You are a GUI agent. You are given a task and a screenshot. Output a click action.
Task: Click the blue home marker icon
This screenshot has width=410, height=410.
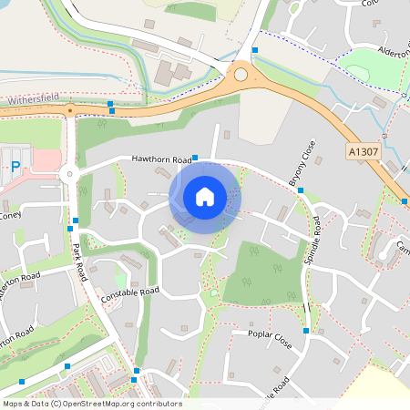[x=205, y=196]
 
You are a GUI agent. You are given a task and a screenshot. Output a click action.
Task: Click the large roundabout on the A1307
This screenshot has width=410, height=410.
[x=241, y=75]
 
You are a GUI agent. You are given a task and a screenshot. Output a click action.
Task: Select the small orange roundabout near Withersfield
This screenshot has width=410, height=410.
[x=69, y=111]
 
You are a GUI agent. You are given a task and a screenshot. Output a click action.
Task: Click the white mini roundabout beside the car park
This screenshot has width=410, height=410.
[x=68, y=174]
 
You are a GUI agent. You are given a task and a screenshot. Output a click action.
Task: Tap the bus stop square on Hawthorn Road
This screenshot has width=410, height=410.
[x=195, y=158]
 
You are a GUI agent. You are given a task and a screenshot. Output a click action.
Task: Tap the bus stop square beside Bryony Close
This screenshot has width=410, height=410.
[x=301, y=190]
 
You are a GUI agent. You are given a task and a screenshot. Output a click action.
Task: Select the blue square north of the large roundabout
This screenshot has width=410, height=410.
[x=255, y=48]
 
